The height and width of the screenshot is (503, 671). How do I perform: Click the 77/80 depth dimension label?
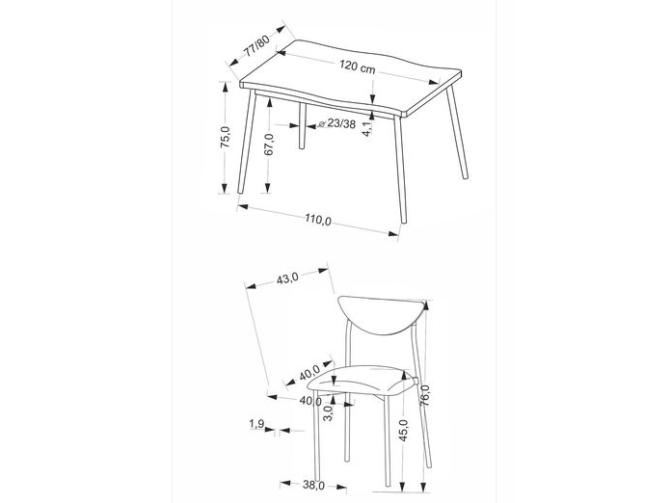click(x=256, y=45)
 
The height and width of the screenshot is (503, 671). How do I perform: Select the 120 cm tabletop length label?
click(x=358, y=66)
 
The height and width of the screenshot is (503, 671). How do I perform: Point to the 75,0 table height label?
click(x=226, y=137)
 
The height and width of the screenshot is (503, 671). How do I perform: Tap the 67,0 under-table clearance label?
click(x=269, y=144)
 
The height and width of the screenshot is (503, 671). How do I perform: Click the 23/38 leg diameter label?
click(x=341, y=124)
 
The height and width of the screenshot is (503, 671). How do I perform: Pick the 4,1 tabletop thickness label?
click(x=367, y=128)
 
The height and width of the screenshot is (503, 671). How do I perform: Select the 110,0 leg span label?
click(x=318, y=220)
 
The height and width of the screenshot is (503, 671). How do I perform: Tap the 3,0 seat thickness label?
click(x=328, y=413)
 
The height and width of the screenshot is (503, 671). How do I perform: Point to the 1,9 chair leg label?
click(x=255, y=424)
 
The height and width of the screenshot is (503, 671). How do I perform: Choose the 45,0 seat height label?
click(x=403, y=431)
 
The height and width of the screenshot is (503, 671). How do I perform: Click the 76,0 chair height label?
click(x=424, y=396)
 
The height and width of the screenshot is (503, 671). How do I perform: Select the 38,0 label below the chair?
click(x=313, y=485)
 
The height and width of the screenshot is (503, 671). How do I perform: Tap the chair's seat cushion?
click(x=361, y=381)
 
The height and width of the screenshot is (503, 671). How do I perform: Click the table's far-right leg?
click(x=457, y=133)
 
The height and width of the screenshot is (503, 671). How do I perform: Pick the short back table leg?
click(x=302, y=125)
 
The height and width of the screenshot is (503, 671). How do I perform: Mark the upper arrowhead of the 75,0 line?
click(x=224, y=88)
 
